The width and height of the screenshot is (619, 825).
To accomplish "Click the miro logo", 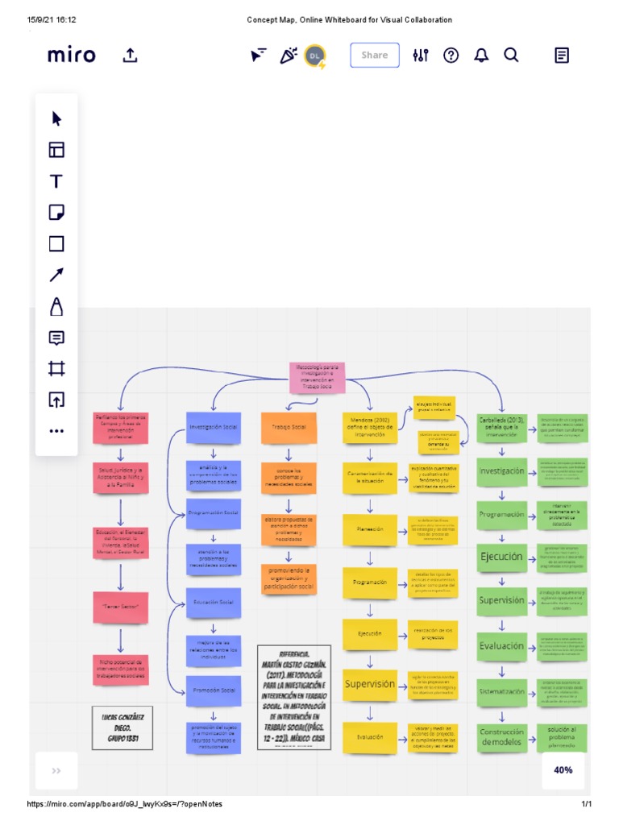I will [71, 55].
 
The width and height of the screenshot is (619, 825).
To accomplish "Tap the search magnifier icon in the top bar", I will [511, 55].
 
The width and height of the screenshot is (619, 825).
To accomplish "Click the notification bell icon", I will [481, 55].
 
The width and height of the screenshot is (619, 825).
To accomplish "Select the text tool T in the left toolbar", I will [56, 181].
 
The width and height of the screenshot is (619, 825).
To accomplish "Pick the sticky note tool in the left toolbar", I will [56, 213].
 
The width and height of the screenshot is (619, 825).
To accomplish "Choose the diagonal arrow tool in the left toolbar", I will [56, 275].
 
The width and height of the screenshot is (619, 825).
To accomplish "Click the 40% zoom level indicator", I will [563, 769].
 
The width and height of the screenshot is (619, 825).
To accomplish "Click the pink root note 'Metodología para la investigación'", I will [317, 377].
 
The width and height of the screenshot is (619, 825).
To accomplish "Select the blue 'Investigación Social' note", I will [213, 427].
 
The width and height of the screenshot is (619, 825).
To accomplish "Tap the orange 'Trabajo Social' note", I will [288, 427].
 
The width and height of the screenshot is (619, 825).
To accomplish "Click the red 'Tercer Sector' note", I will [121, 605].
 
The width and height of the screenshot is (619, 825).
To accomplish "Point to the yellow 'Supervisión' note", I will [370, 684].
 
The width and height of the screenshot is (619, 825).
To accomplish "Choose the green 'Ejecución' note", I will [501, 557].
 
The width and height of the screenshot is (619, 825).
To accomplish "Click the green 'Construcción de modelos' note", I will [501, 737].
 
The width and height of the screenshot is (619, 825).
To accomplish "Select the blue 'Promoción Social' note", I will [213, 690].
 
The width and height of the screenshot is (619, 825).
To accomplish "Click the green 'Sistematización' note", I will [501, 690].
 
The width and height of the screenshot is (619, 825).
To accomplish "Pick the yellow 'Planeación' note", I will [370, 529].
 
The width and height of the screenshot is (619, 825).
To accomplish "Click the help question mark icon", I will [451, 55].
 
